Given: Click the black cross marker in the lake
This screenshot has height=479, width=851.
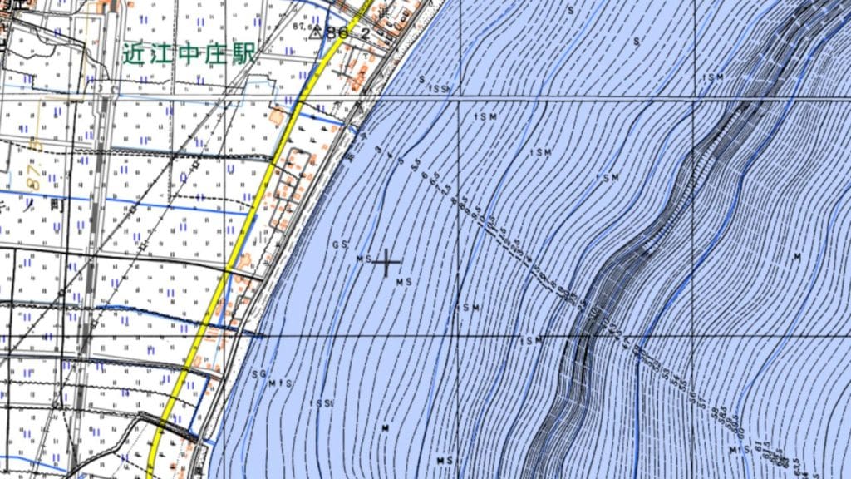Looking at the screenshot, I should pos(386,263).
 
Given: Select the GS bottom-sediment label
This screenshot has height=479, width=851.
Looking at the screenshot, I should pos(338,245).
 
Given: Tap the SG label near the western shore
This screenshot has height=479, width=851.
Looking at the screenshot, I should pos(258,375).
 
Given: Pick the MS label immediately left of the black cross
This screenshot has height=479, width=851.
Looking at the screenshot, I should pos(363,259).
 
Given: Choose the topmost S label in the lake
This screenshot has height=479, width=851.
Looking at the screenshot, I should pos(571,10).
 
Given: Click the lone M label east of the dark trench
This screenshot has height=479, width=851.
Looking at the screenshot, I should pos(796,257).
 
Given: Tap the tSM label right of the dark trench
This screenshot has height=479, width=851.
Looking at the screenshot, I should pos(713,77).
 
